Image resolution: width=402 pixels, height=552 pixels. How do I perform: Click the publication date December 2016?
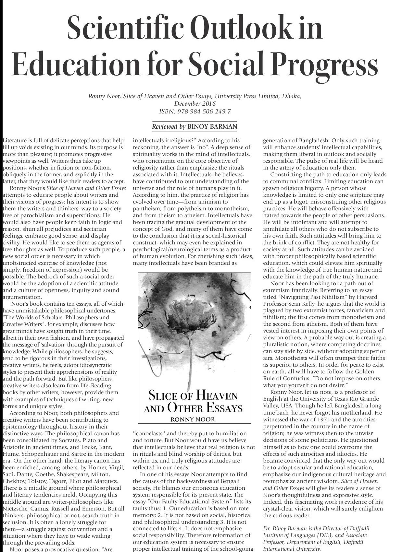pos(195,104)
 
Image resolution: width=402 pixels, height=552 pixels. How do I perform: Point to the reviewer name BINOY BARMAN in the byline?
pos(212,126)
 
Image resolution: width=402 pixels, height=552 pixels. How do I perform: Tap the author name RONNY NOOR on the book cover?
pos(193,419)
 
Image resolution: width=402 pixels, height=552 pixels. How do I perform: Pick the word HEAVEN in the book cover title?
pos(217,396)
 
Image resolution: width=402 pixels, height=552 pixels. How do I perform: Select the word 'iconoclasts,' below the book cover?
pos(149,433)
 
